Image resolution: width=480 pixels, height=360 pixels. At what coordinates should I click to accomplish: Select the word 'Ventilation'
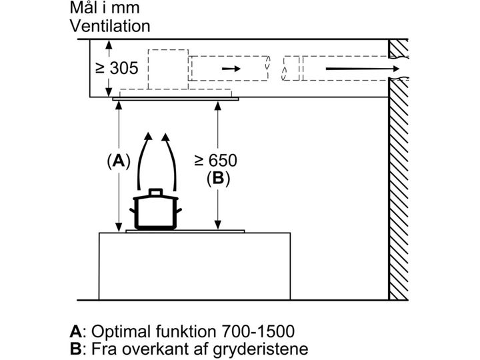(110, 27)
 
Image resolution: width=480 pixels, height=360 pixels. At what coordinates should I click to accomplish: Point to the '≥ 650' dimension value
(215, 161)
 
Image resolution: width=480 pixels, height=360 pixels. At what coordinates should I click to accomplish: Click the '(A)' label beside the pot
(118, 161)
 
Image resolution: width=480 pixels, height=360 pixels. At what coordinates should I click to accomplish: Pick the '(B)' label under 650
(217, 178)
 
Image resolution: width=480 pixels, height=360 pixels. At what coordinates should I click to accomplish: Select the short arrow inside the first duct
(229, 69)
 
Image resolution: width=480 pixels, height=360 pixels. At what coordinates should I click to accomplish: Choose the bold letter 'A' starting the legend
(76, 331)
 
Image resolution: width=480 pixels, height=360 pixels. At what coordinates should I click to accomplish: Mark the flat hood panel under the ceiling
(175, 99)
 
